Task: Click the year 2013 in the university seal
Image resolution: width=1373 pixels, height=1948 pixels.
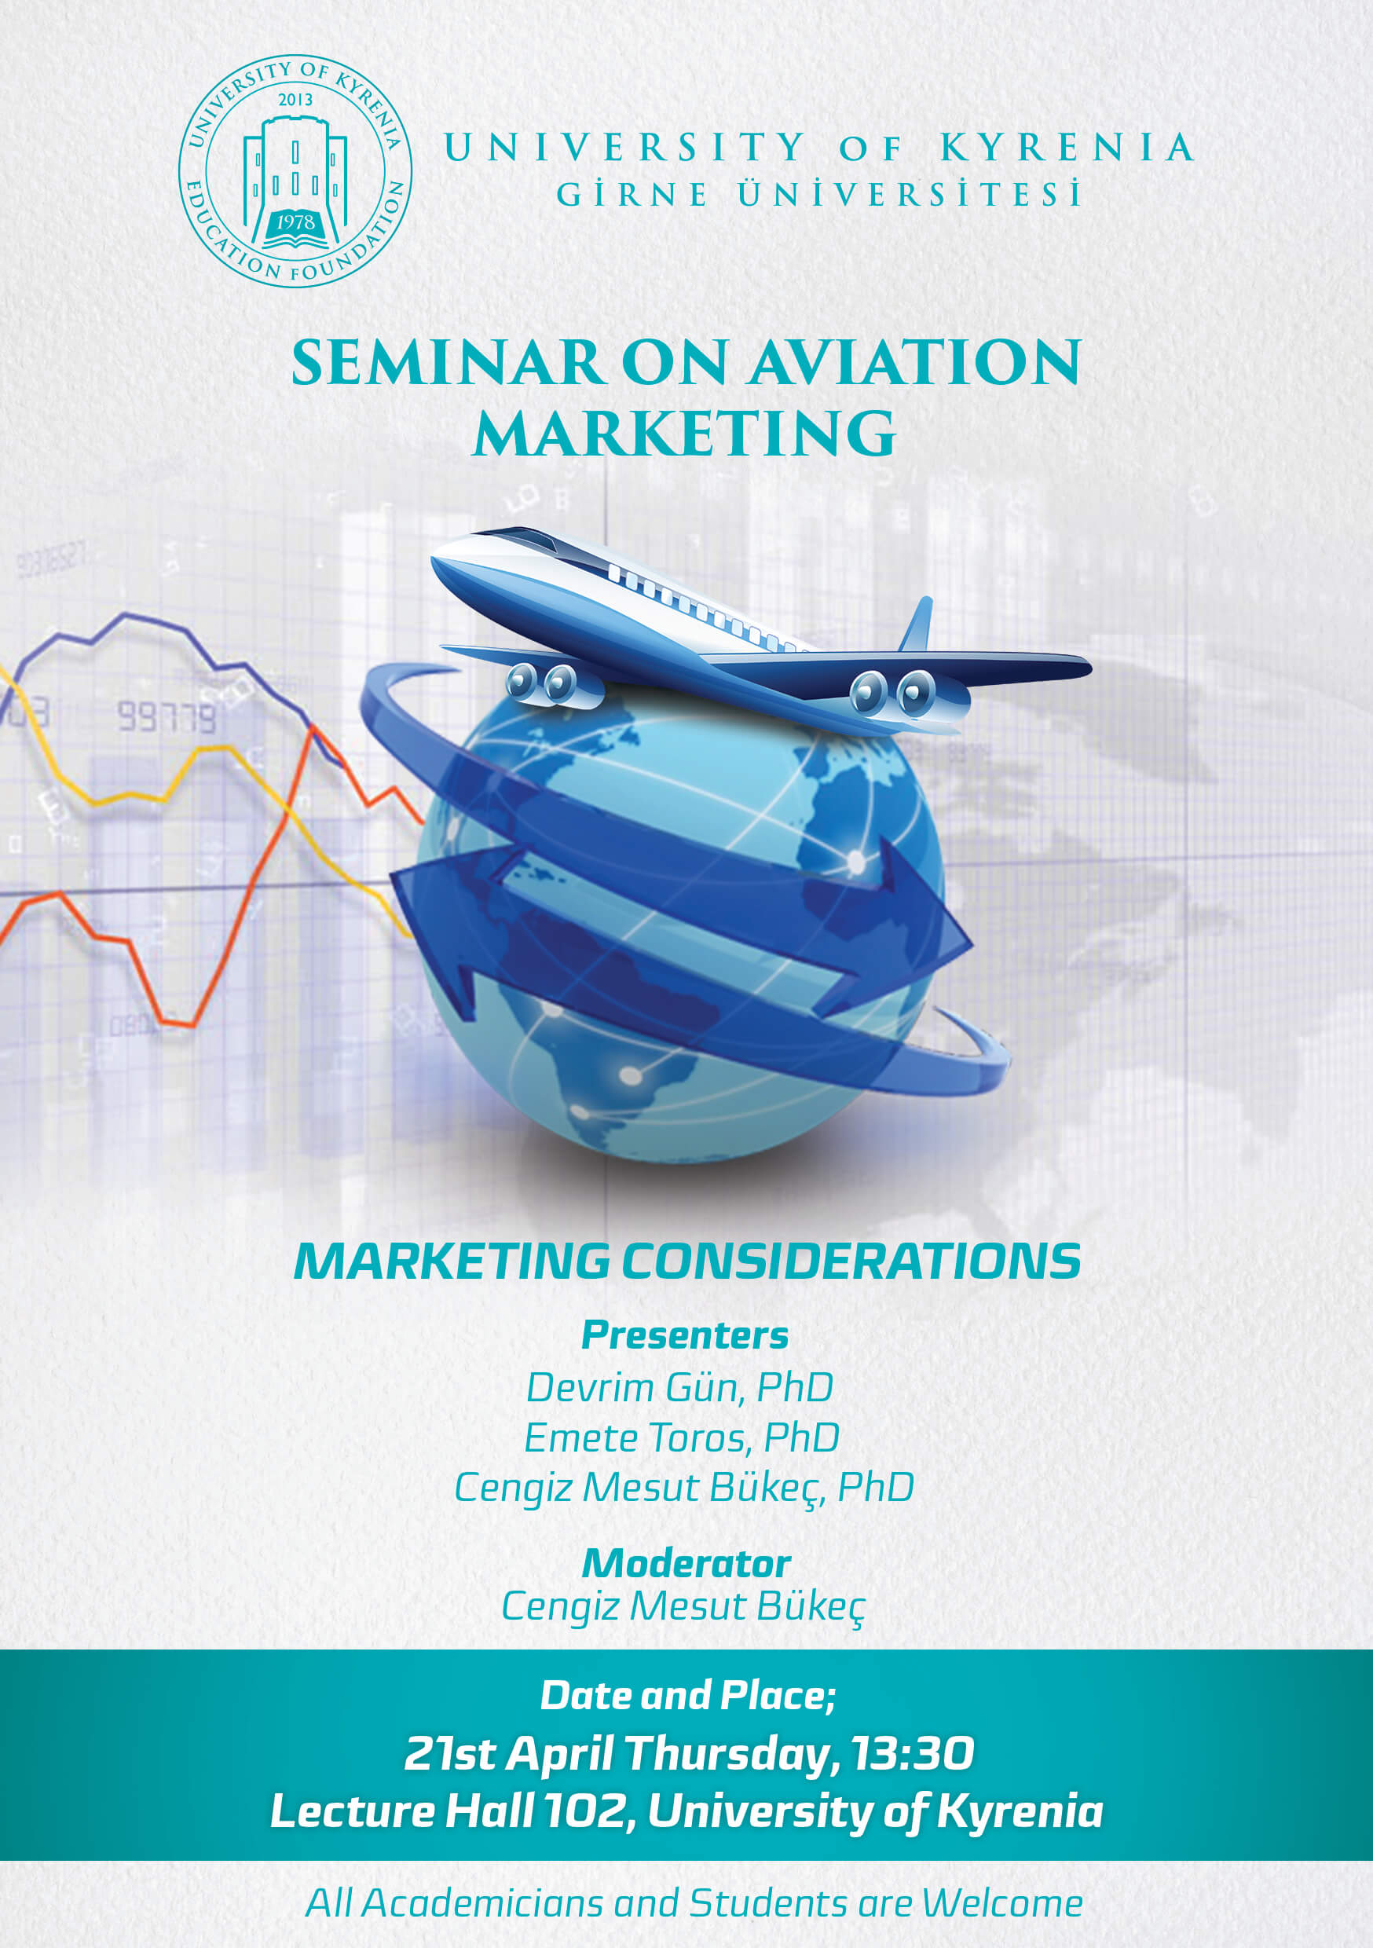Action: click(295, 99)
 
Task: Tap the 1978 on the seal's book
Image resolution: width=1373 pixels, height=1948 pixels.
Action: click(295, 222)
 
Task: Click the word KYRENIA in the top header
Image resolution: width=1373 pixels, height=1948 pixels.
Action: click(1067, 148)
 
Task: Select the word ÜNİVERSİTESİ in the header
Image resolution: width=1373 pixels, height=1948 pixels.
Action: click(910, 193)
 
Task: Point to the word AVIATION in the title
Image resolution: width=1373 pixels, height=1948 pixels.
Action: click(915, 363)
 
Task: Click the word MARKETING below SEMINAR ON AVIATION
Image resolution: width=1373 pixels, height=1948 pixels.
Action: click(685, 434)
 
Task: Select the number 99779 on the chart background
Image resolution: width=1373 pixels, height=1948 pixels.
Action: click(167, 717)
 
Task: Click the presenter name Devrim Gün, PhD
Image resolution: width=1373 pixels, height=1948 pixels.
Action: click(679, 1388)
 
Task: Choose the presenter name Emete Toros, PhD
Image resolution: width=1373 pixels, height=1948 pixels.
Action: click(682, 1438)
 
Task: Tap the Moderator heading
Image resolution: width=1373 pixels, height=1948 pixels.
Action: click(686, 1563)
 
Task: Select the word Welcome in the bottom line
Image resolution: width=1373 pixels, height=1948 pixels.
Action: click(1002, 1903)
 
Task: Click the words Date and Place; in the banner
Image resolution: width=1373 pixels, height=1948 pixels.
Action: click(688, 1695)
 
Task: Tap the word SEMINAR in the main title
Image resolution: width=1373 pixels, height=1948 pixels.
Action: click(447, 363)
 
